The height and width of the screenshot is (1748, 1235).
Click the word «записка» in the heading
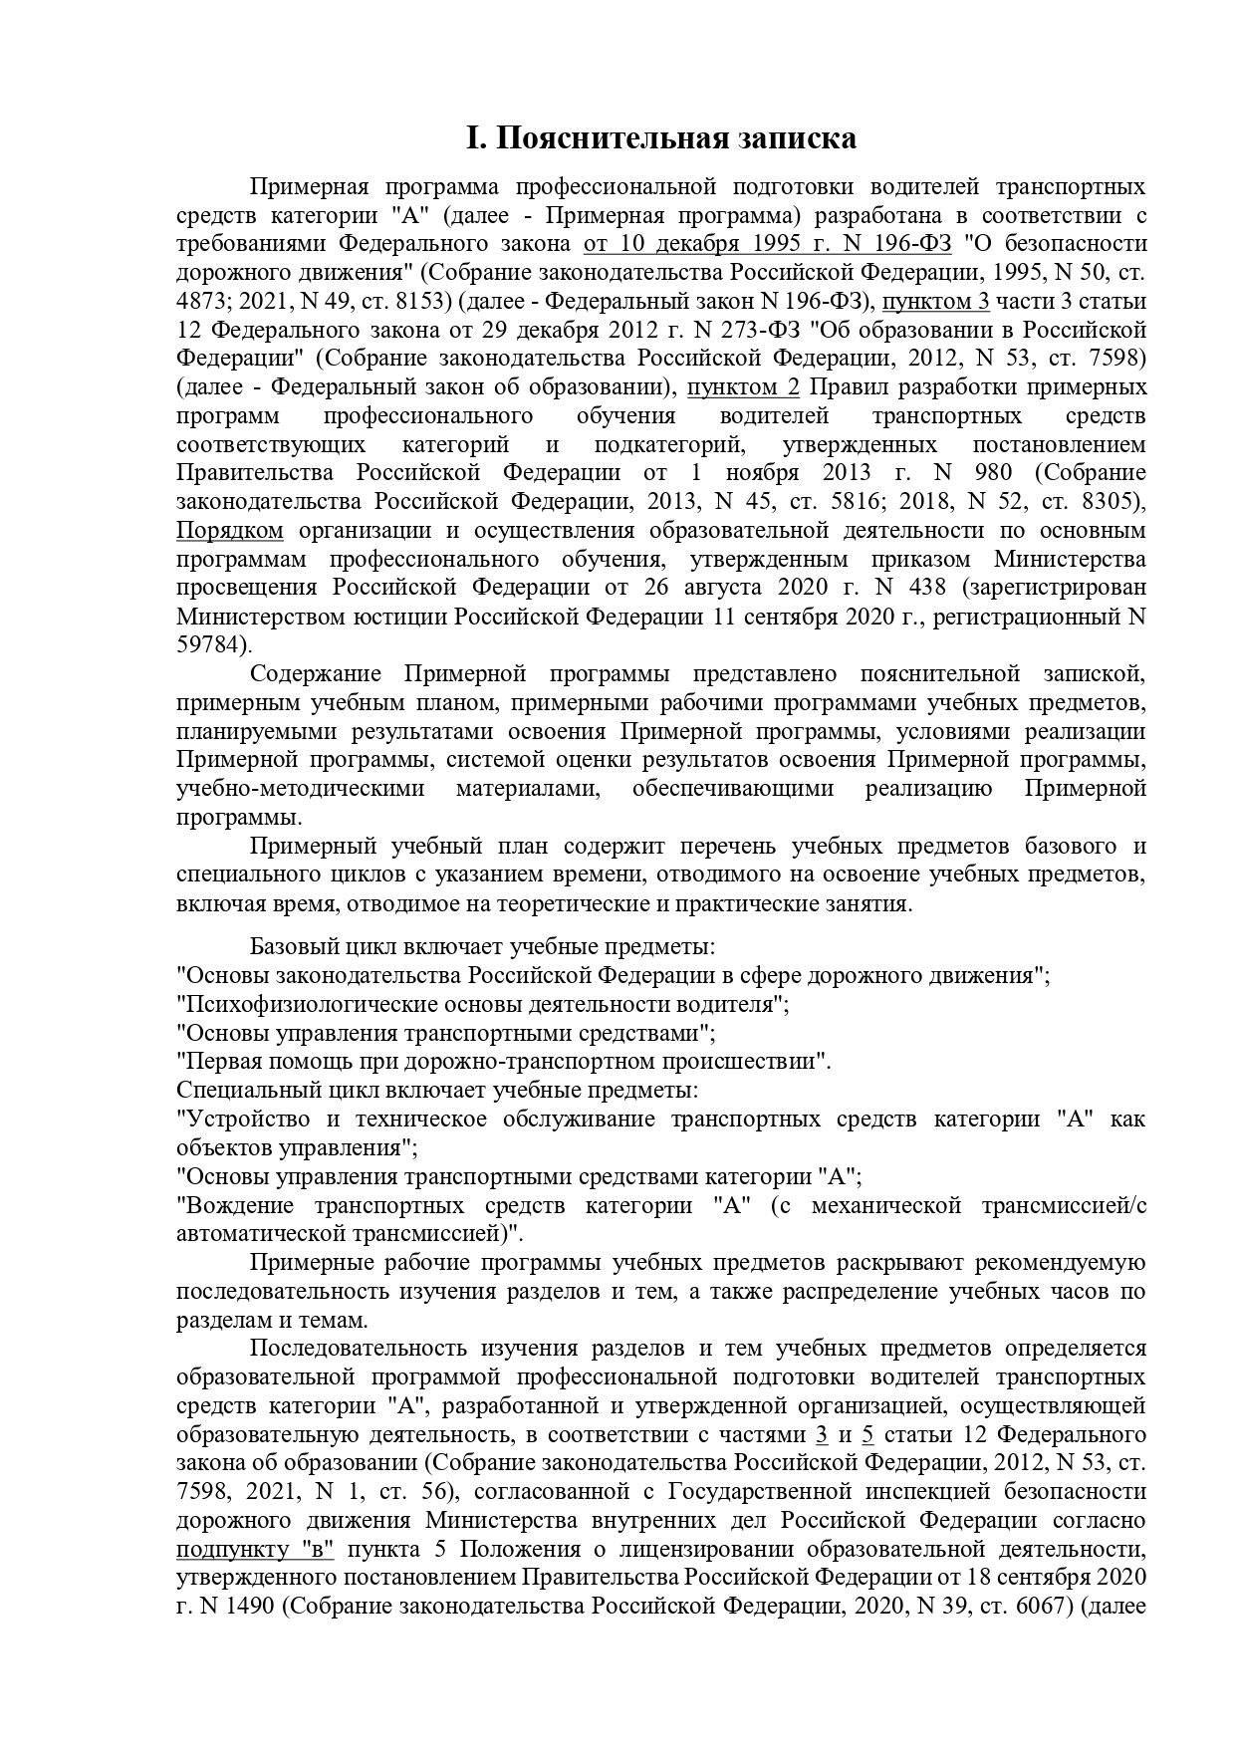[x=796, y=138]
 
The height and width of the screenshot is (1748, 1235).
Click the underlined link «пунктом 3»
[x=936, y=301]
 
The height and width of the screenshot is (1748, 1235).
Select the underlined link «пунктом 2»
[x=746, y=386]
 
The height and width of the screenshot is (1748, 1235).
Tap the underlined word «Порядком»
[x=230, y=530]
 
